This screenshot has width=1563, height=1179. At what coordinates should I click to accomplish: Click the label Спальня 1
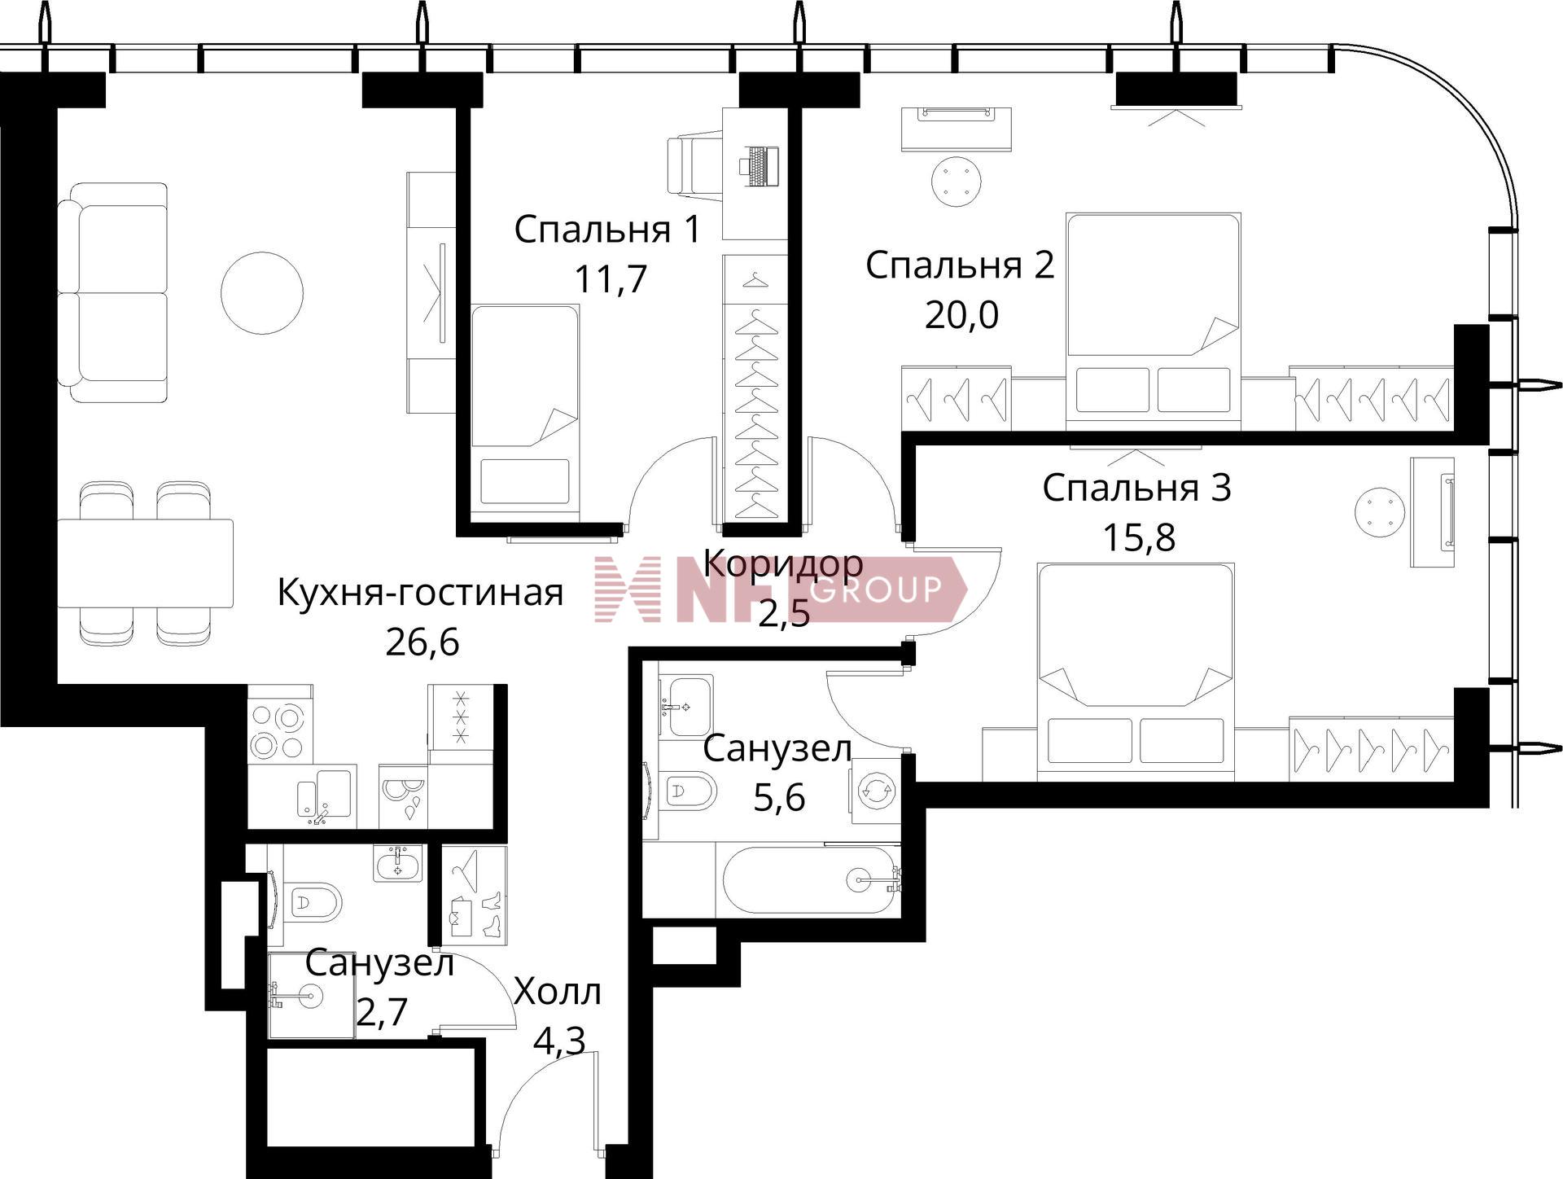[607, 230]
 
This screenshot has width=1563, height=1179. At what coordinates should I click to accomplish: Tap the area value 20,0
[961, 314]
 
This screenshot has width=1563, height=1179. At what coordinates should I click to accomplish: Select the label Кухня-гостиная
[420, 593]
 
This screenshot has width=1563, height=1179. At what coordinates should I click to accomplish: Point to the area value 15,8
[1139, 537]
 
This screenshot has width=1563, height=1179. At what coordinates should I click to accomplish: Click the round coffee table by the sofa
[262, 292]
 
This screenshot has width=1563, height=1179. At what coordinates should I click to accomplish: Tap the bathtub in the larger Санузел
[810, 880]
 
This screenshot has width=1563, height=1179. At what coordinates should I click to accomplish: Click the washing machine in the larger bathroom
[876, 790]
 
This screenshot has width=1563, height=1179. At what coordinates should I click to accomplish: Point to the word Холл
[558, 992]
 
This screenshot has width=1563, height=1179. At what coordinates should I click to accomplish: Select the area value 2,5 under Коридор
[784, 612]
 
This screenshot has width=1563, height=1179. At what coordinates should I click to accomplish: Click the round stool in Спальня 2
[957, 182]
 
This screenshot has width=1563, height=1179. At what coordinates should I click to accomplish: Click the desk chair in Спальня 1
[694, 166]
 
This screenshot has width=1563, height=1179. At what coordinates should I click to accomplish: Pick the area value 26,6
[422, 642]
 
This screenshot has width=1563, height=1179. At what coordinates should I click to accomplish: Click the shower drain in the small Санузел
[310, 995]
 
